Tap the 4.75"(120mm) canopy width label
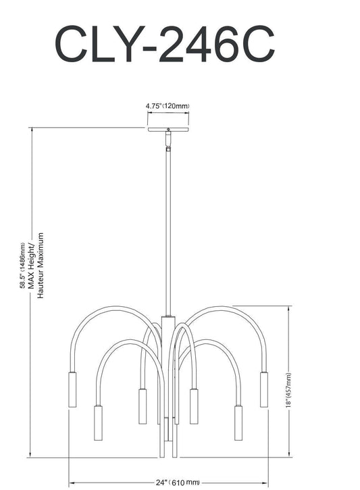(168, 106)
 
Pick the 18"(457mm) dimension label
(288, 390)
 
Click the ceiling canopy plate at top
(168, 127)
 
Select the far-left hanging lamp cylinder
(72, 389)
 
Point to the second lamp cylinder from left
(97, 422)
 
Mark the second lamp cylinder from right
(238, 422)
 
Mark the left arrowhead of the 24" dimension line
(72, 482)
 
